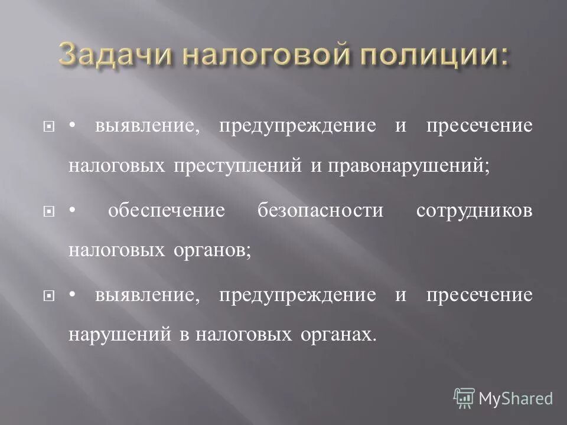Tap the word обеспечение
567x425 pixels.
click(x=167, y=211)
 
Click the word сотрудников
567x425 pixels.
click(x=474, y=211)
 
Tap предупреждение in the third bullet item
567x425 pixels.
click(x=297, y=296)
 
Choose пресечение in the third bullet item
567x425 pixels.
click(x=479, y=296)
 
